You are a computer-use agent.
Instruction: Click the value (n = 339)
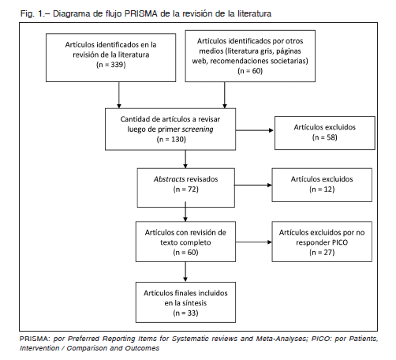(111, 65)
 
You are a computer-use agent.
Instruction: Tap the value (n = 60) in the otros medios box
(250, 71)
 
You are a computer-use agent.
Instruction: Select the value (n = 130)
(171, 139)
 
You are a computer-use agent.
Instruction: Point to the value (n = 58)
(325, 137)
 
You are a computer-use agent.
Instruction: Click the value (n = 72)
(186, 189)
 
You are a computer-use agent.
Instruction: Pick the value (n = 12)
(322, 189)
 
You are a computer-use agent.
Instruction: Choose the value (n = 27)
(322, 253)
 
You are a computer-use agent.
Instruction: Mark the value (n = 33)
(185, 313)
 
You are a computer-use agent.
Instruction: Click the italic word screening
(197, 129)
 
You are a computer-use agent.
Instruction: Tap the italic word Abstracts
(169, 179)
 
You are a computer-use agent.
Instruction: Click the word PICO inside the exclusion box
(340, 242)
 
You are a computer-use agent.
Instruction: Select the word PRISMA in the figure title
(141, 13)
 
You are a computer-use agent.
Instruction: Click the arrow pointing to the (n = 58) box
(255, 130)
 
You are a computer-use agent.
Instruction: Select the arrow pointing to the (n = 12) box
(253, 185)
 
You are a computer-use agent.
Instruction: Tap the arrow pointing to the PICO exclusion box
(254, 242)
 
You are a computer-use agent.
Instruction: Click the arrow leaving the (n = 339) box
(119, 95)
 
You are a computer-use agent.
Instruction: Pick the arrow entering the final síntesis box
(185, 272)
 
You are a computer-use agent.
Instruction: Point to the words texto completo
(185, 242)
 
